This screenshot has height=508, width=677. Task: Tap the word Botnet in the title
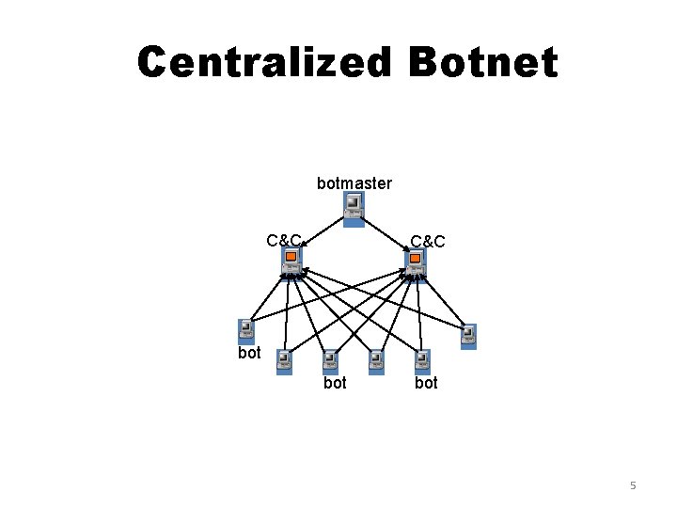click(482, 63)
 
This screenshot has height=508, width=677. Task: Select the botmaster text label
click(354, 183)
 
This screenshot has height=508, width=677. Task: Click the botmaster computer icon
click(353, 210)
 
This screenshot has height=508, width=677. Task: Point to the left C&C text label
click(283, 240)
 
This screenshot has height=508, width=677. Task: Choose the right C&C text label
click(428, 242)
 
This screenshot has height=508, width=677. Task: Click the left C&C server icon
click(291, 262)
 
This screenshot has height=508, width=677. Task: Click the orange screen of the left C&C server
click(291, 256)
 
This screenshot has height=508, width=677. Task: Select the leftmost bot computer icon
click(246, 330)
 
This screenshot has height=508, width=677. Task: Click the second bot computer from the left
click(284, 360)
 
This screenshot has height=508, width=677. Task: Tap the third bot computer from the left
click(329, 360)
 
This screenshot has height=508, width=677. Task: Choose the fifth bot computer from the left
click(422, 360)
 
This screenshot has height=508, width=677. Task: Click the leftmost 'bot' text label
click(249, 353)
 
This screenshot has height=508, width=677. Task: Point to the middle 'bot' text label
click(335, 383)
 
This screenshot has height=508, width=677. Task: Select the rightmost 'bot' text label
click(426, 383)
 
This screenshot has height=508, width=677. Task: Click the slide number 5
click(633, 485)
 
